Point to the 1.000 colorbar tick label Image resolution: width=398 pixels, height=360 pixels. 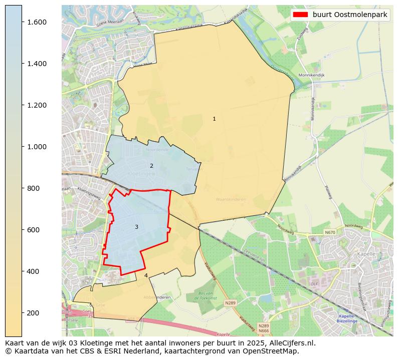pyautogui.click(x=37, y=147)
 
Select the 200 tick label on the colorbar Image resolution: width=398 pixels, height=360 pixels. pyautogui.click(x=34, y=313)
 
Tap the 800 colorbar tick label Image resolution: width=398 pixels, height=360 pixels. pyautogui.click(x=34, y=188)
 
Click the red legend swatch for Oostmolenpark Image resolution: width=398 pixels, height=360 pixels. pyautogui.click(x=301, y=15)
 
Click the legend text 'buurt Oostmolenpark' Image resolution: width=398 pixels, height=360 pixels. pyautogui.click(x=350, y=15)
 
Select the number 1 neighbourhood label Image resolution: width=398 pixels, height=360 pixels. pyautogui.click(x=214, y=119)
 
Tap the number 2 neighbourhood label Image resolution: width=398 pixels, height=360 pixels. pyautogui.click(x=151, y=166)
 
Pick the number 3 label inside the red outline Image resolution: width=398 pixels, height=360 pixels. pyautogui.click(x=136, y=227)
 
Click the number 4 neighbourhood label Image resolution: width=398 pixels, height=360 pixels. pyautogui.click(x=146, y=275)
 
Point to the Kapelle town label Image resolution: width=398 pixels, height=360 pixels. pyautogui.click(x=366, y=254)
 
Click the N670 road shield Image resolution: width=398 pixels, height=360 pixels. pyautogui.click(x=330, y=232)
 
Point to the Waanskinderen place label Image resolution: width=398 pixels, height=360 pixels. pyautogui.click(x=231, y=199)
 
